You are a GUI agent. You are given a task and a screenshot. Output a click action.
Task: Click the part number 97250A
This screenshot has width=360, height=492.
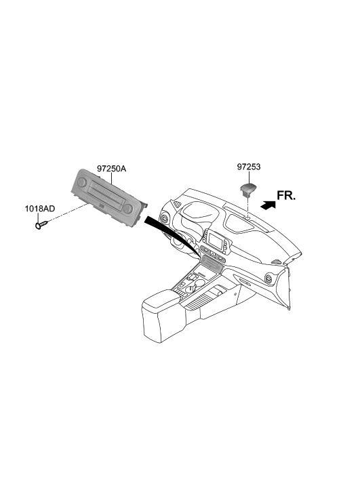click(111, 169)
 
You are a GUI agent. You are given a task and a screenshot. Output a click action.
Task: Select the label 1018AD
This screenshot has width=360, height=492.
click(40, 208)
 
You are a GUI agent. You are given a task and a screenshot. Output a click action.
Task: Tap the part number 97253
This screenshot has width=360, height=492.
click(249, 167)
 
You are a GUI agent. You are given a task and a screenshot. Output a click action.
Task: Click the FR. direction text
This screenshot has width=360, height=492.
click(286, 195)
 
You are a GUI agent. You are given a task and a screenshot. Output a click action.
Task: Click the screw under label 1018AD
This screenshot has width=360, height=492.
click(42, 224)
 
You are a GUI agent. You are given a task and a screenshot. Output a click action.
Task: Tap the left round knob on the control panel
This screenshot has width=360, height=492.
click(83, 182)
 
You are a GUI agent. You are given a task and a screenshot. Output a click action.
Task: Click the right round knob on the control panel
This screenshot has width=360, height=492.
click(127, 208)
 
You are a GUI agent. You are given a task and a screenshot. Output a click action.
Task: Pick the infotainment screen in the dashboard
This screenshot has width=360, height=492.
click(217, 240)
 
